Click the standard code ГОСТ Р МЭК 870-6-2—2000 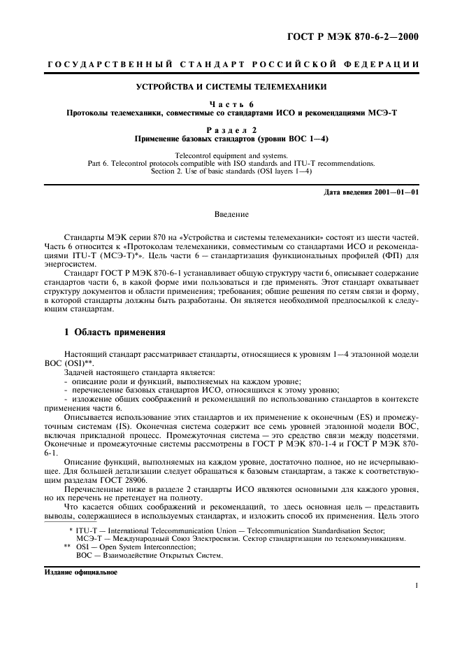[x=362, y=37]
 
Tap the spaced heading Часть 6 [x=231, y=104]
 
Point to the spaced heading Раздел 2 [x=231, y=129]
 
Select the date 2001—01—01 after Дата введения [x=394, y=192]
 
